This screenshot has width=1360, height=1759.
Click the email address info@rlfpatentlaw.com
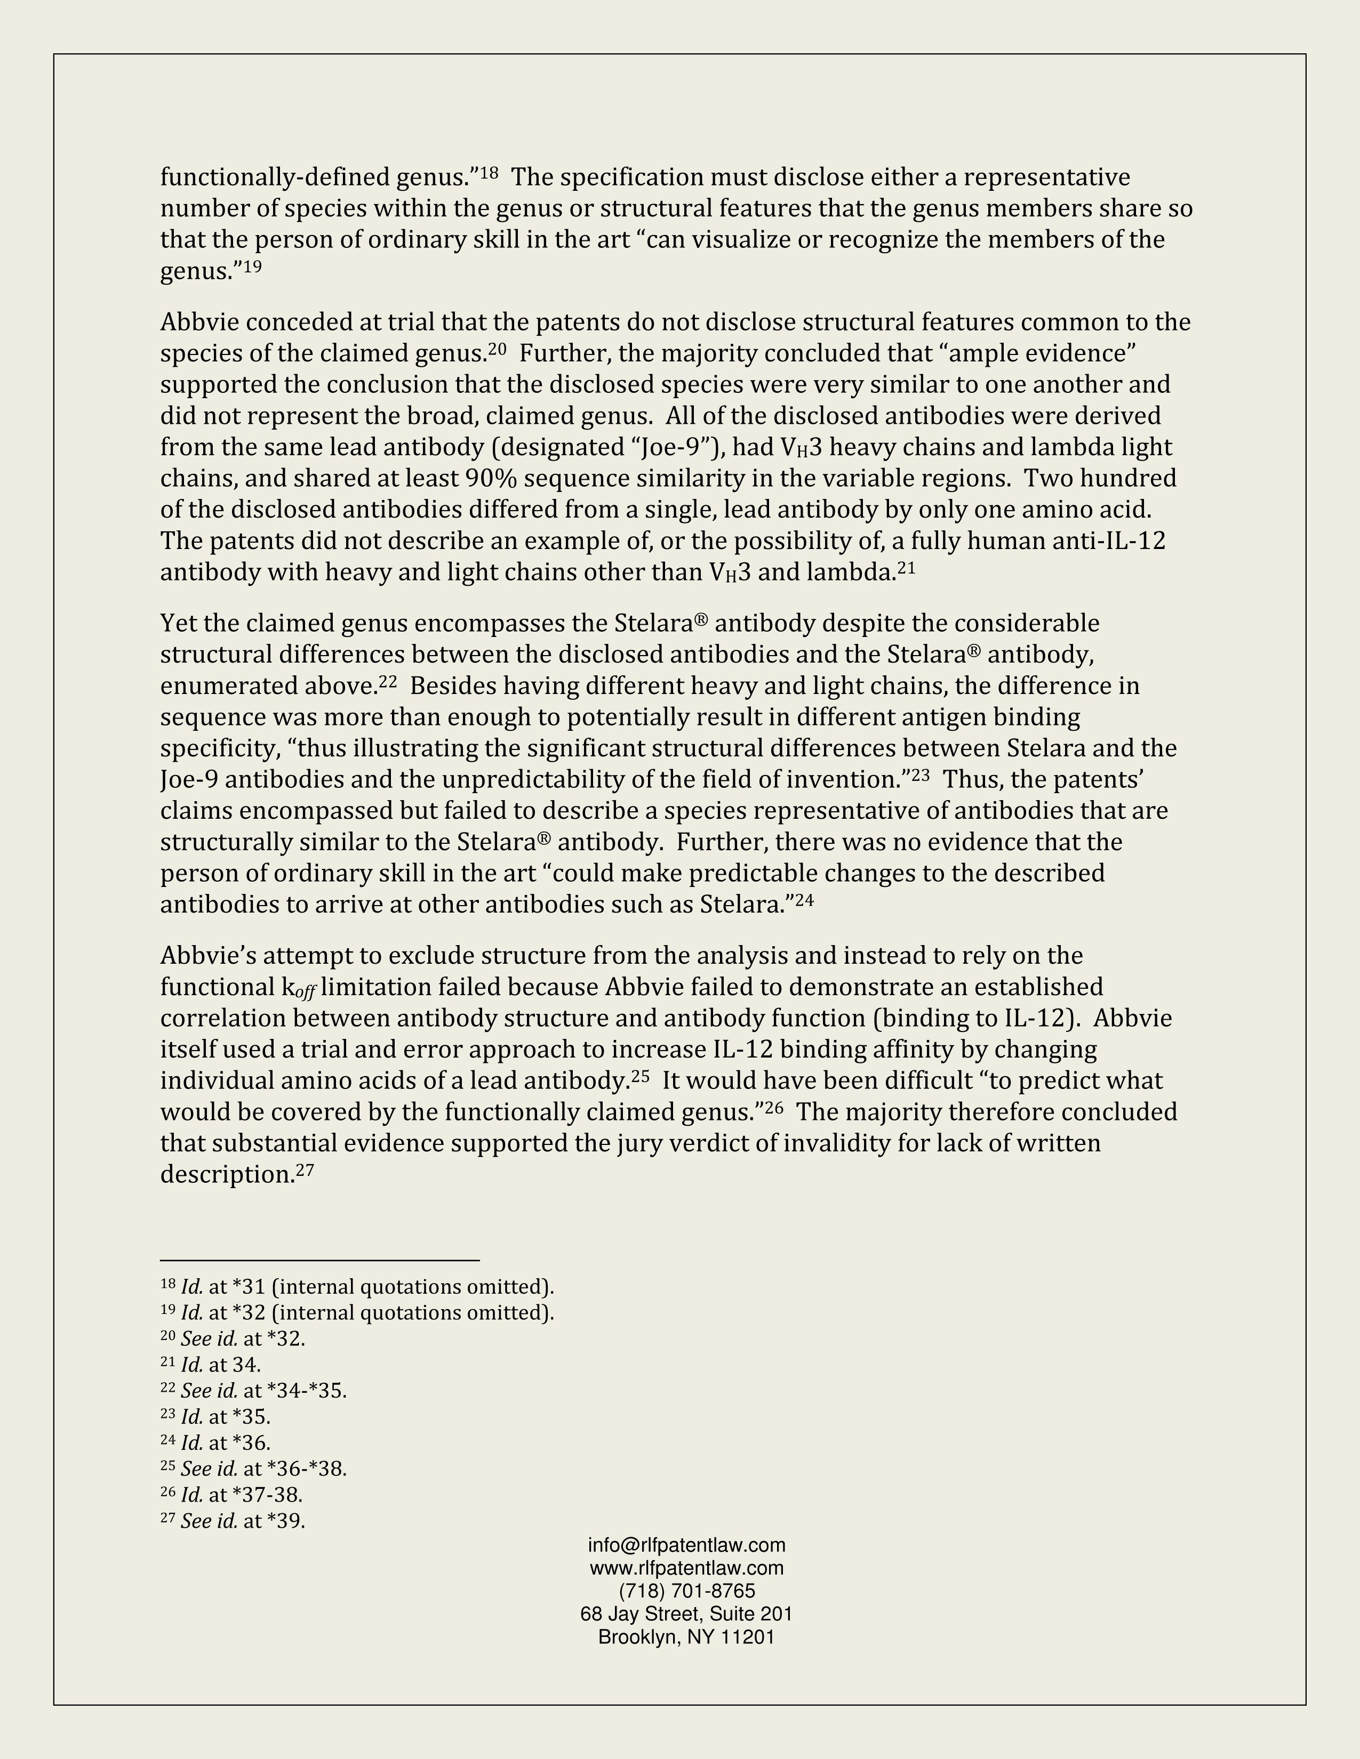pos(686,1545)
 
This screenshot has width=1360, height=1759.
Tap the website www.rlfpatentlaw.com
pos(686,1567)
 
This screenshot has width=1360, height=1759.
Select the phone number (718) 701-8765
pos(686,1591)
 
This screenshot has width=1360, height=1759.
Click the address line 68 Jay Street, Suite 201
pos(686,1614)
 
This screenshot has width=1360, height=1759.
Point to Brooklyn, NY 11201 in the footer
pos(686,1636)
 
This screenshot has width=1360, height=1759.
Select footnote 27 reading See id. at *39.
pos(233,1521)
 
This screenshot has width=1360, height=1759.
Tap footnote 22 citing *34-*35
pos(254,1390)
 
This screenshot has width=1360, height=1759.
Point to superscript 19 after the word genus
pos(252,267)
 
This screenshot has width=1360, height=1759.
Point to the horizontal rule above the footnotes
pos(320,1260)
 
